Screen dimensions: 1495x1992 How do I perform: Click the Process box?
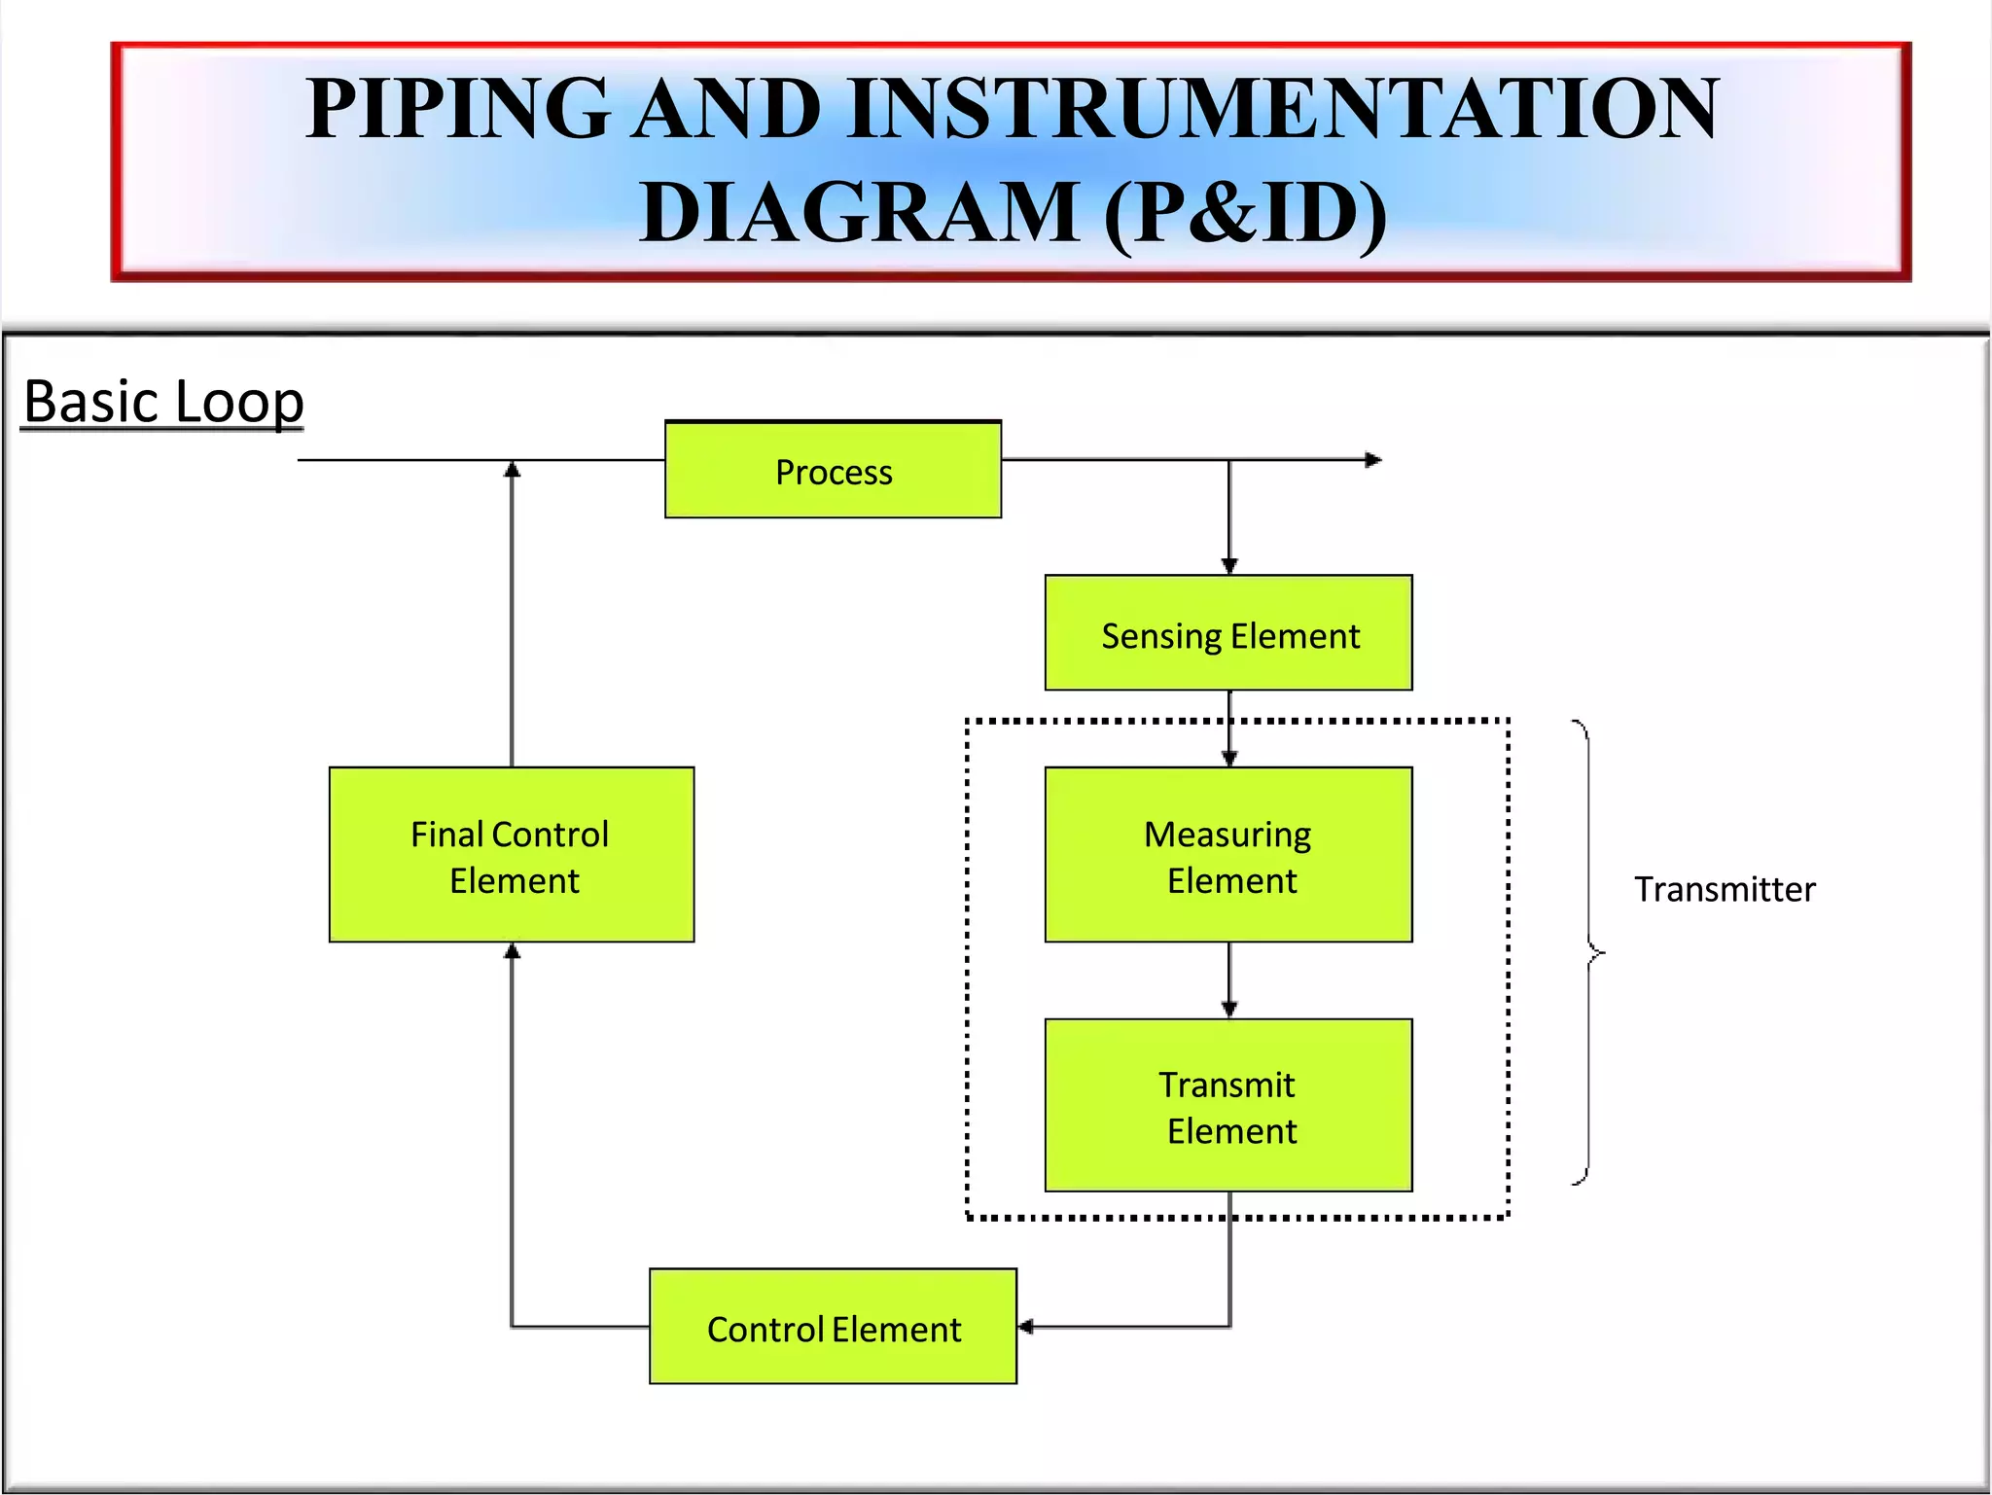[833, 470]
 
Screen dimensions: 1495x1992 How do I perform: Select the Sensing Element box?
[1228, 633]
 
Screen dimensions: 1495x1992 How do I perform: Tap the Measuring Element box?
[1228, 855]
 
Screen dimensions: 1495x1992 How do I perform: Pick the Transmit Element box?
[1228, 1106]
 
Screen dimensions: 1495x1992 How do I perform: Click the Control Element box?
[833, 1327]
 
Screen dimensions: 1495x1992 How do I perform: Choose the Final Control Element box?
[512, 855]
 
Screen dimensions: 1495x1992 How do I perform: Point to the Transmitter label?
[1724, 889]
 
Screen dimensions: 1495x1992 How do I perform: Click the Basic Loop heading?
[163, 401]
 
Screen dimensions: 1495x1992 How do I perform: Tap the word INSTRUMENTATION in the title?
[1283, 109]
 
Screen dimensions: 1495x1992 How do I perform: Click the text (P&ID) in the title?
[1246, 213]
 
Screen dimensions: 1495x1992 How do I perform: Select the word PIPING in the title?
[457, 109]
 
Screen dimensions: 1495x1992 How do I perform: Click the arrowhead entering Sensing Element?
[1229, 566]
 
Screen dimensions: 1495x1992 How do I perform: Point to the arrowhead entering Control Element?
[1026, 1327]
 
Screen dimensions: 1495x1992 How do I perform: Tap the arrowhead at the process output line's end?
[1372, 460]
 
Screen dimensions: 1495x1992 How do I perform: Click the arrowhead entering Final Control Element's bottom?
[513, 951]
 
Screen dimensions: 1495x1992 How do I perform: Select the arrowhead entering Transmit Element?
[1229, 1010]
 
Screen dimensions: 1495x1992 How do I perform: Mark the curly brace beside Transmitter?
[1588, 952]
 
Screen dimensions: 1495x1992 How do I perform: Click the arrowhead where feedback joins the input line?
[513, 470]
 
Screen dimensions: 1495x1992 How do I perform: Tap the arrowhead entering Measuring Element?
[1229, 759]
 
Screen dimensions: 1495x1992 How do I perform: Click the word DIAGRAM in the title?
[860, 213]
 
